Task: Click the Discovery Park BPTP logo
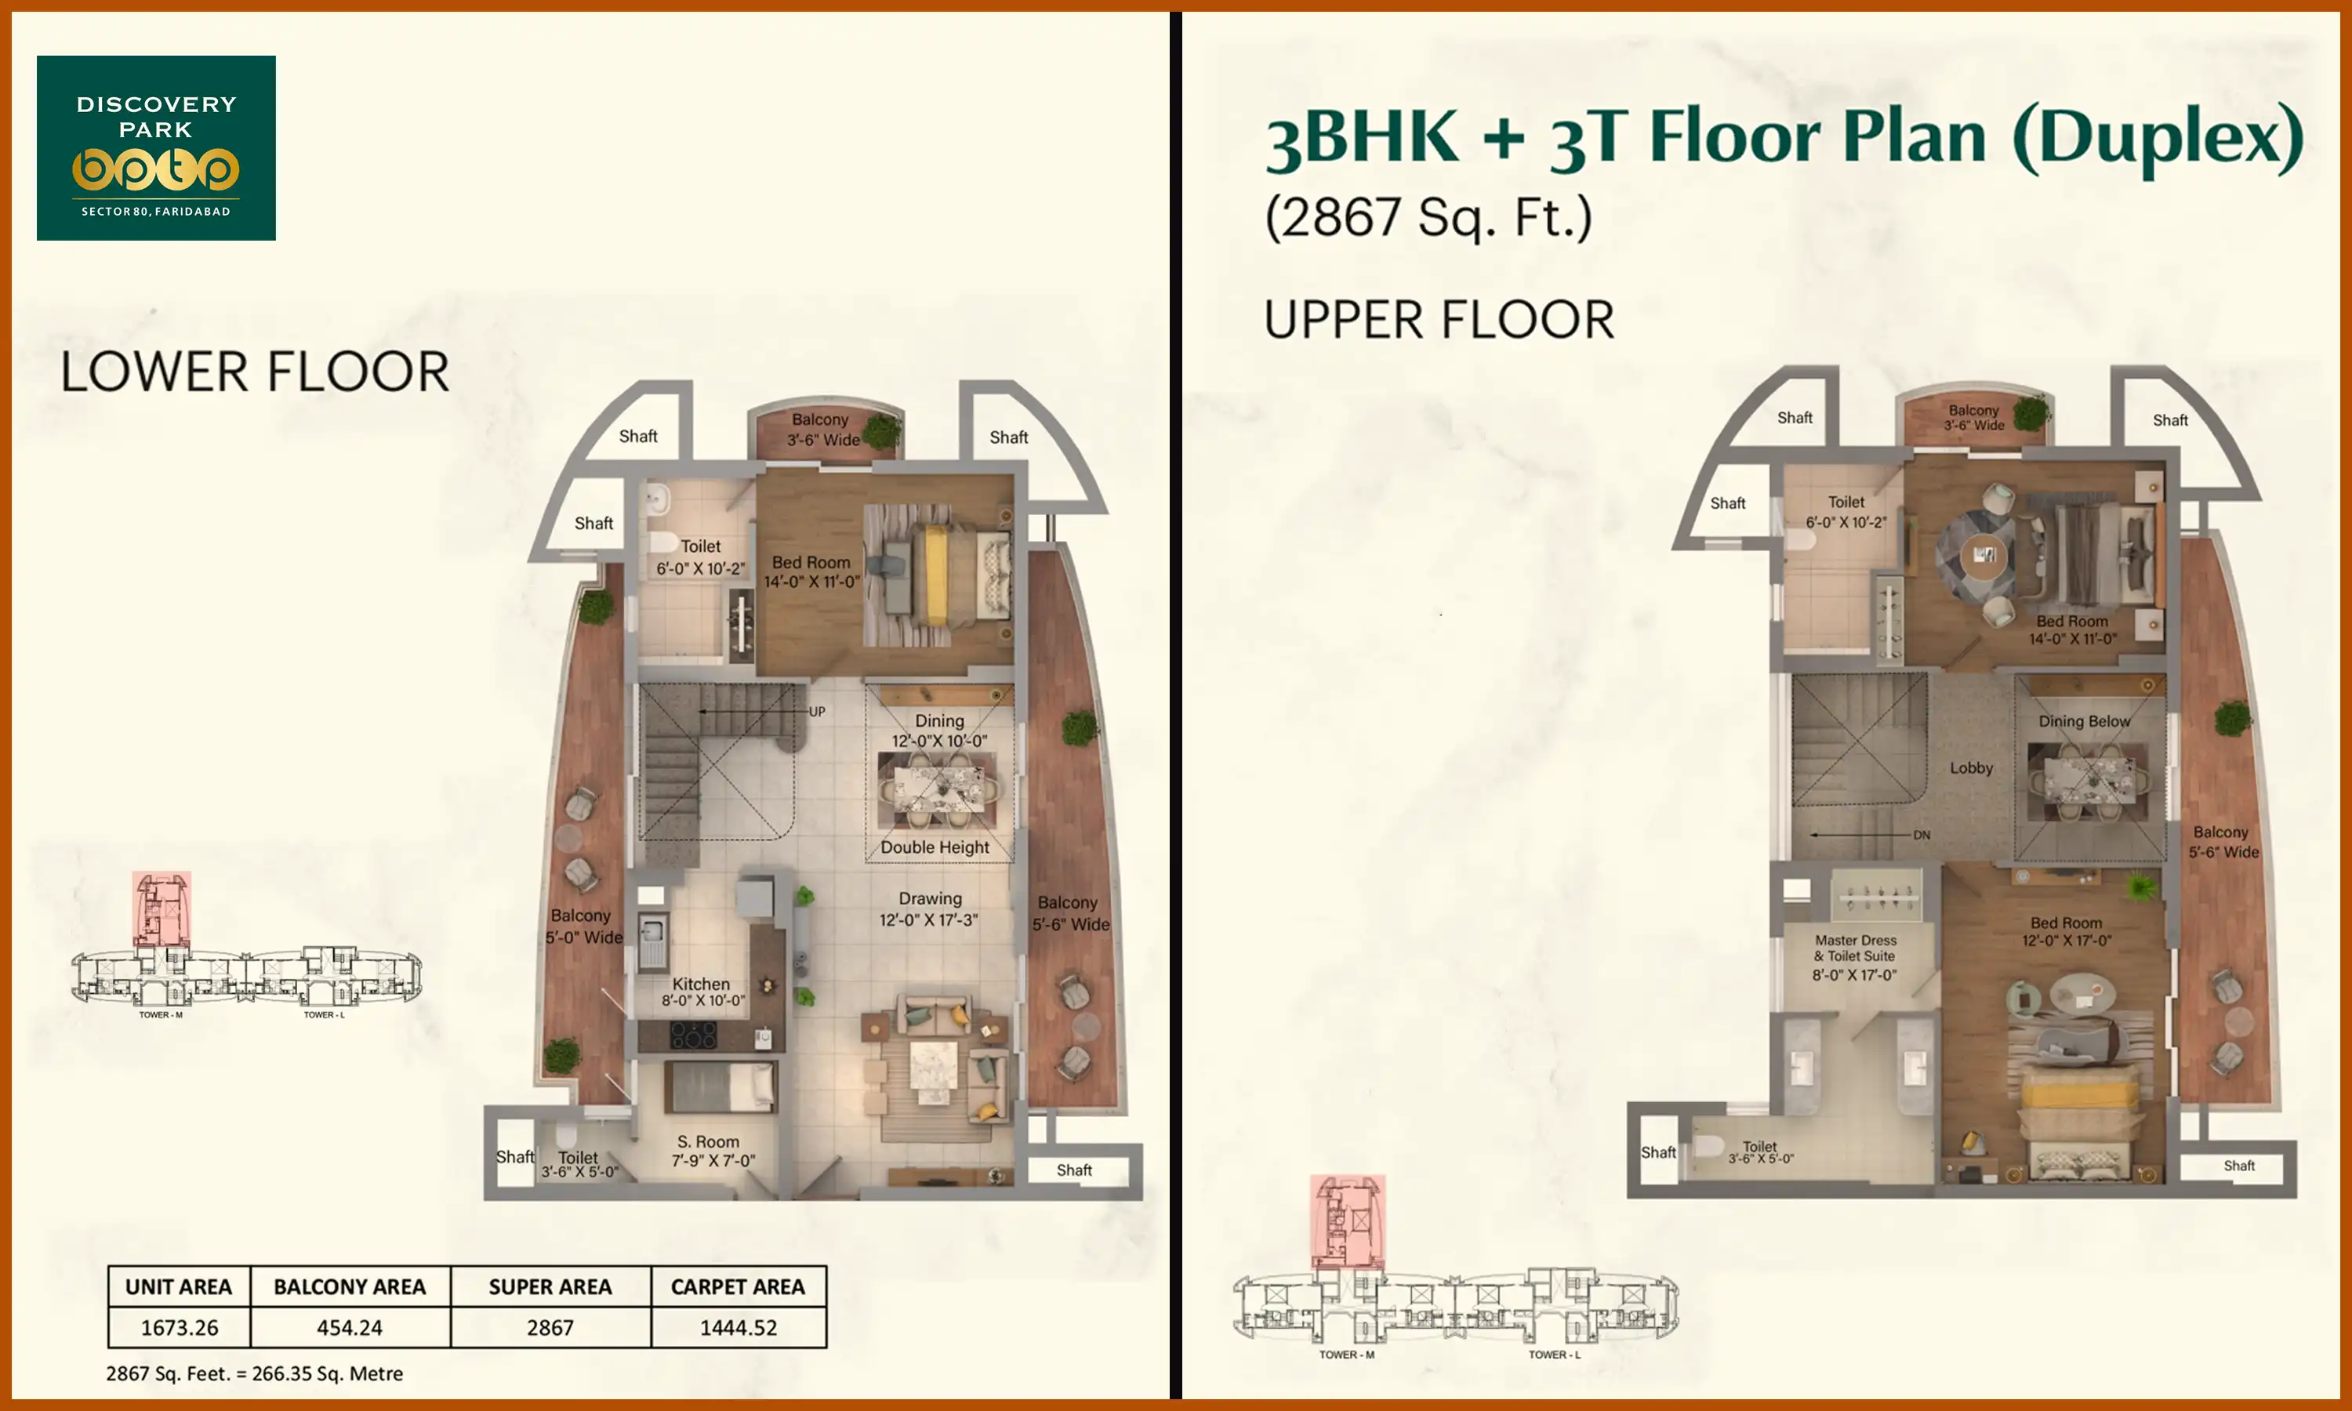(x=156, y=147)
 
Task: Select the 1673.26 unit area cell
(x=179, y=1327)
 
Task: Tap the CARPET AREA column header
(x=738, y=1286)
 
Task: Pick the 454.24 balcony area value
(x=349, y=1327)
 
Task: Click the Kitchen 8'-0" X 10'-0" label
(x=702, y=992)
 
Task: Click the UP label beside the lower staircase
(x=817, y=711)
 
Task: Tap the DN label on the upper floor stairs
(x=1922, y=835)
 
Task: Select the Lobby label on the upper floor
(x=1971, y=767)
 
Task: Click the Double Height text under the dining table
(x=935, y=847)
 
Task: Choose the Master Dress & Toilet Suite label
(x=1855, y=956)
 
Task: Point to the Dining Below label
(x=2084, y=720)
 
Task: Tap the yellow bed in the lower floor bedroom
(x=935, y=576)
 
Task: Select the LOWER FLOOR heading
(x=254, y=372)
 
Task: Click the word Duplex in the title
(x=2158, y=138)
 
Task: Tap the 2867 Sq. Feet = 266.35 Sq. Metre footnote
(x=254, y=1373)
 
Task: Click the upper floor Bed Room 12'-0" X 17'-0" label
(x=2066, y=930)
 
